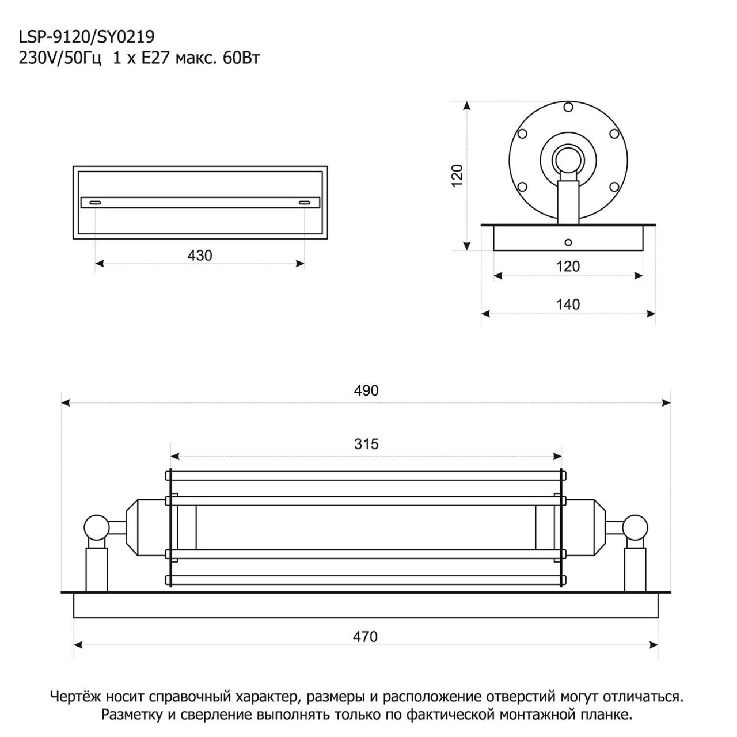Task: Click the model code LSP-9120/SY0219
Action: pos(86,37)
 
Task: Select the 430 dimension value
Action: pos(200,256)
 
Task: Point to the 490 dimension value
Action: pos(366,390)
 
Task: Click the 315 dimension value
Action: pos(366,444)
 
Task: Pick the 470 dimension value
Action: pos(365,636)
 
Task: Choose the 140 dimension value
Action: pos(568,305)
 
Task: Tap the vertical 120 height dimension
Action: pos(457,175)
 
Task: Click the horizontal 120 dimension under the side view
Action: pos(568,266)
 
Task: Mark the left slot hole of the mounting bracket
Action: pos(95,203)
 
